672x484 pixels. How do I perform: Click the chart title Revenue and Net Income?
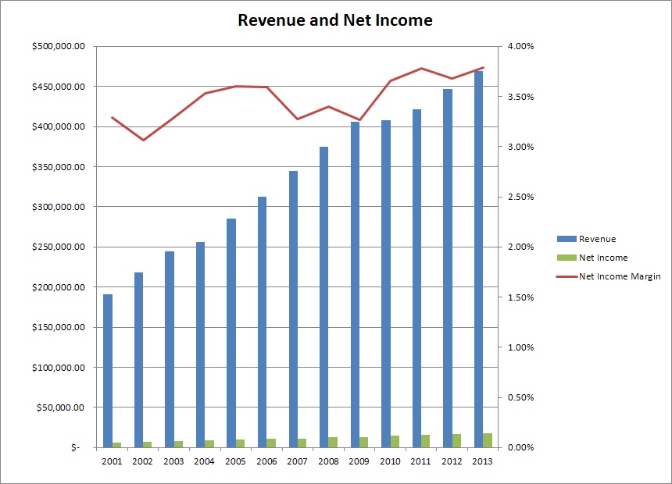coord(334,21)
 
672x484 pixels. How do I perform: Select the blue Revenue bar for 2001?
coord(108,371)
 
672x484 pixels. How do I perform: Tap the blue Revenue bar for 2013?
coord(478,258)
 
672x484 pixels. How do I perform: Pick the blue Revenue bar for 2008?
coord(323,297)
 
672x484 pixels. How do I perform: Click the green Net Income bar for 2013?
coord(488,440)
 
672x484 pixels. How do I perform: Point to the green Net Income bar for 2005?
coord(241,443)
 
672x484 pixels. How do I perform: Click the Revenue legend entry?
coord(599,239)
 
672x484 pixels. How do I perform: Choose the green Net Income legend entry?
coord(602,258)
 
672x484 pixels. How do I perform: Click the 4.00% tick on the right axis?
coord(520,47)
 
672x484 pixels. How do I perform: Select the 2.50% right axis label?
coord(520,198)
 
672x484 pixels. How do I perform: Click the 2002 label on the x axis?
coord(143,462)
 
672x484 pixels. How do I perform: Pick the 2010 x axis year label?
coord(390,462)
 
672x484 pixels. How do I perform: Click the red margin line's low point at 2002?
coord(143,140)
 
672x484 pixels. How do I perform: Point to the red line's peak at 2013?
coord(483,68)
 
